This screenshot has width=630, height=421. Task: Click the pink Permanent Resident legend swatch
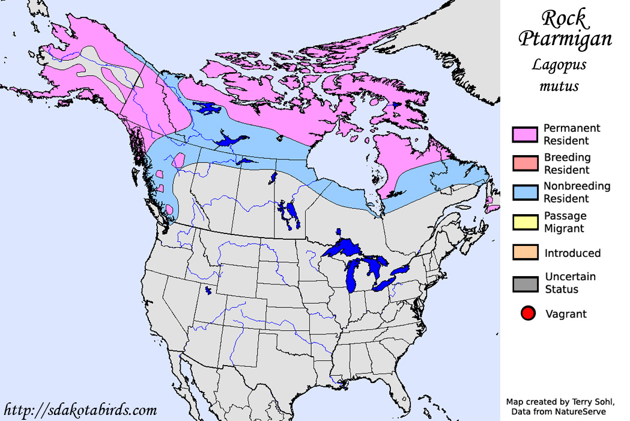click(525, 135)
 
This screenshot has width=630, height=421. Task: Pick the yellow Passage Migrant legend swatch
click(525, 222)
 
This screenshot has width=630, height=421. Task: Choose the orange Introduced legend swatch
click(525, 253)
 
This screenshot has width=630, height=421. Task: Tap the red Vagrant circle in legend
click(528, 313)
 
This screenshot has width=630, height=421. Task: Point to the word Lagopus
click(559, 64)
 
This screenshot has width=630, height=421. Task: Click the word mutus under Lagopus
click(559, 86)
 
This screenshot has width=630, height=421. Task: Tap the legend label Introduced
click(572, 253)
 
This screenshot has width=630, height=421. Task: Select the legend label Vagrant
click(566, 313)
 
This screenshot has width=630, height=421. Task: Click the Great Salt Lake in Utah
click(208, 290)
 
